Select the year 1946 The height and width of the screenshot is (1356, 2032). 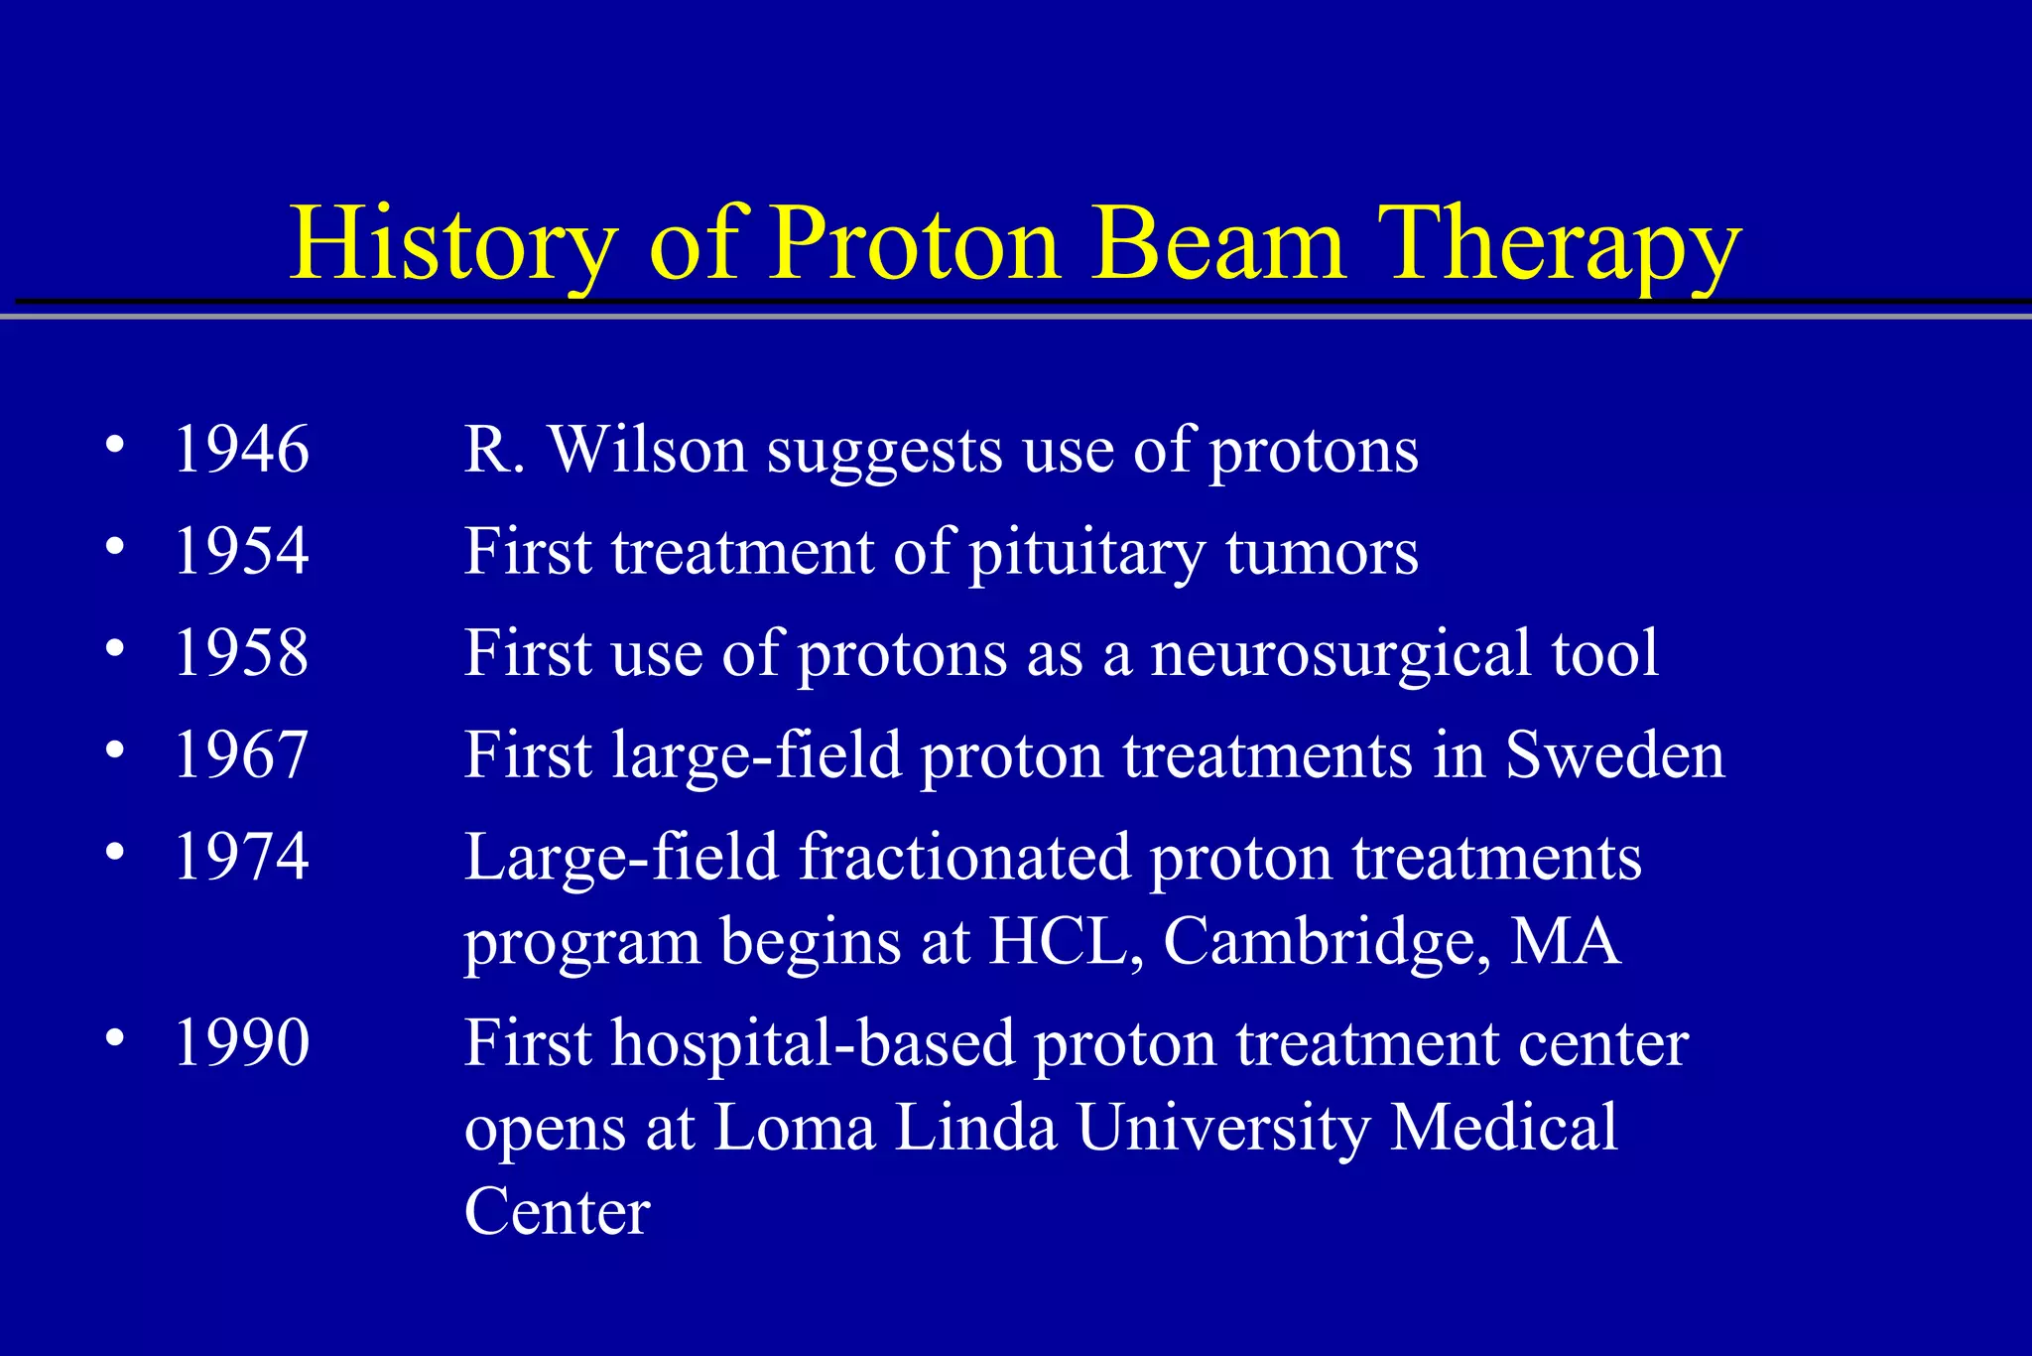click(241, 450)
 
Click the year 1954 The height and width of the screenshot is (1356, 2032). click(241, 551)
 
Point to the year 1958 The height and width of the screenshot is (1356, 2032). click(241, 653)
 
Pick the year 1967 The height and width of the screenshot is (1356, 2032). click(241, 755)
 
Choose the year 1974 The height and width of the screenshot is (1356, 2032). click(241, 857)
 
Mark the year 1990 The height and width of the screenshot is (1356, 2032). click(241, 1043)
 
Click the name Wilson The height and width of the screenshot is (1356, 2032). click(647, 450)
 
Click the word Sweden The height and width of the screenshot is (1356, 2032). click(1614, 755)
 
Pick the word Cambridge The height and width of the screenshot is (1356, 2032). click(1326, 941)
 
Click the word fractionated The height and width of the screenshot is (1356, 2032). click(964, 857)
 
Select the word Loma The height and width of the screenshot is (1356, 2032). click(795, 1128)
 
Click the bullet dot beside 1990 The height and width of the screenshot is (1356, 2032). click(115, 1038)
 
